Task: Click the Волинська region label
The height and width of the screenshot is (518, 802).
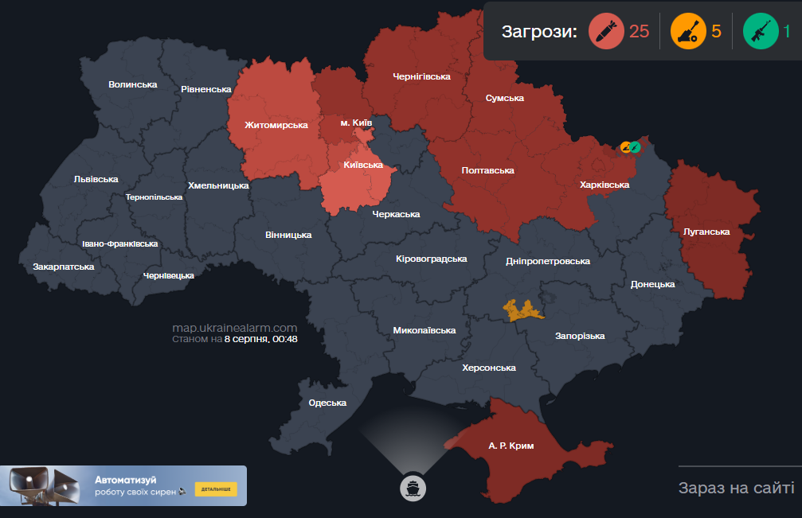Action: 133,84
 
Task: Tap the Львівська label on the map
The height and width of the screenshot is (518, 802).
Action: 96,180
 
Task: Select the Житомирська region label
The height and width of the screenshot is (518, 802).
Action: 276,126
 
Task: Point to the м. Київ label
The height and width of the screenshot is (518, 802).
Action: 356,123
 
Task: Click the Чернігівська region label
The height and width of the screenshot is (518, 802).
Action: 421,76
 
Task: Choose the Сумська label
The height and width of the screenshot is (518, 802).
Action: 505,98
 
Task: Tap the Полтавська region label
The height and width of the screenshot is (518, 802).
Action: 487,170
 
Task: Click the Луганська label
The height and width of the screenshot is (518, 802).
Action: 706,232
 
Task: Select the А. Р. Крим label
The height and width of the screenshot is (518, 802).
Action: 511,446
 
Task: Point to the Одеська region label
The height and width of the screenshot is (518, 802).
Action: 327,403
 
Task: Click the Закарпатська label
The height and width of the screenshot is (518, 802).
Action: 64,267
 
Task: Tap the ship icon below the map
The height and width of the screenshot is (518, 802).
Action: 413,487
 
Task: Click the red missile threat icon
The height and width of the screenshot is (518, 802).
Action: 606,32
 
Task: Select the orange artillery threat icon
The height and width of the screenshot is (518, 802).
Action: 687,32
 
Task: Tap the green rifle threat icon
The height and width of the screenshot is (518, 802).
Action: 760,32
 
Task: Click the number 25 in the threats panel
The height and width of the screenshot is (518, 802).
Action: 639,32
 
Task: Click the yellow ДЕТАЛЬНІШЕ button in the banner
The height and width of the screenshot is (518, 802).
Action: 216,489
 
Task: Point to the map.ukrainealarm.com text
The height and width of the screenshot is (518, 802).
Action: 235,328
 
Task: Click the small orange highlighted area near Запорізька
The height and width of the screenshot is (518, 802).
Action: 522,310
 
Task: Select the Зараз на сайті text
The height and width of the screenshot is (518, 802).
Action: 736,488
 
